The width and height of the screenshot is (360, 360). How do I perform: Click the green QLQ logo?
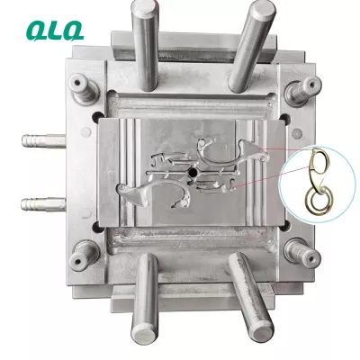[x=55, y=31]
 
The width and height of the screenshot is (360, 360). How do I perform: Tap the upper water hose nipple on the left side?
[x=44, y=140]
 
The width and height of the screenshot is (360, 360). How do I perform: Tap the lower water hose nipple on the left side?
[x=43, y=204]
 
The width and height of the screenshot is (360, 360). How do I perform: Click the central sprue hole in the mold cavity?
[x=192, y=172]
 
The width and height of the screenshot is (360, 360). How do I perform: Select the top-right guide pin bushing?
[x=302, y=90]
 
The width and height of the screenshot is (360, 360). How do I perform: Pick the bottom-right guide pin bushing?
[x=302, y=253]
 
